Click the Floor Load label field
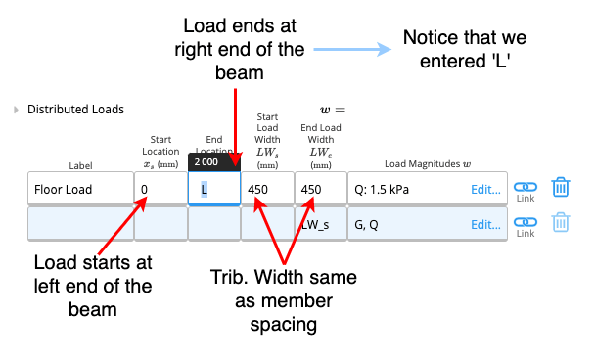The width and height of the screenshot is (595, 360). [80, 189]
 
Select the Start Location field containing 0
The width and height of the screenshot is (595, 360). [160, 189]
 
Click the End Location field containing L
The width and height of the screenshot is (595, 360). [214, 189]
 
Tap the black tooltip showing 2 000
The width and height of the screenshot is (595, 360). [214, 162]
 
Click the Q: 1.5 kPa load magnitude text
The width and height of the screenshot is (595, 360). [382, 190]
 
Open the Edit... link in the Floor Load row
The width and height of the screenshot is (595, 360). [485, 190]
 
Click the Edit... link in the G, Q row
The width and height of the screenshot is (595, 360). [485, 225]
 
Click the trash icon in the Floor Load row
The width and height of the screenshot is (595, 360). [561, 187]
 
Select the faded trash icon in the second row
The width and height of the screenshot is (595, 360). [561, 222]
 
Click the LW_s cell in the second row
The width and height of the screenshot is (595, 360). [321, 224]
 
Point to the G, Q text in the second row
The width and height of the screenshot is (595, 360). [366, 225]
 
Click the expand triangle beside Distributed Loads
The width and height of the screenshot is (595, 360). [16, 110]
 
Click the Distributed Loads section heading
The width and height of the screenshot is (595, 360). [75, 110]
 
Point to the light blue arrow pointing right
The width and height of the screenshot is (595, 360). [352, 49]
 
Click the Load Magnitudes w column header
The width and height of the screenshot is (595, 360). [428, 164]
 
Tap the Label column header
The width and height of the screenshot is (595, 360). [80, 165]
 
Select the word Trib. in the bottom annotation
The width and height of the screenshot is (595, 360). [230, 277]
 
